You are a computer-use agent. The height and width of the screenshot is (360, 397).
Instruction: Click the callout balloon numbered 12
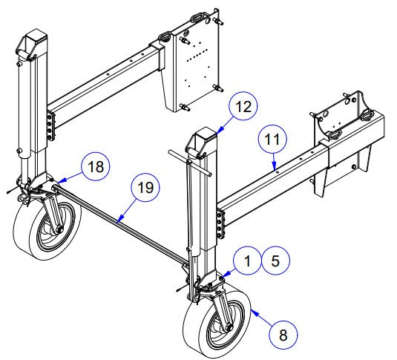243,107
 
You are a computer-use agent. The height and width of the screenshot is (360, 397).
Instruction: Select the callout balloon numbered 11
273,138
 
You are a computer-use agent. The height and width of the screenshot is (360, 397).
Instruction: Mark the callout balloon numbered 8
283,334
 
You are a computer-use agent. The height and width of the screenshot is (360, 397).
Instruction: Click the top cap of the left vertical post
36,45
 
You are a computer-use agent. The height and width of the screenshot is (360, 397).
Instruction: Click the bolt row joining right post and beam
220,223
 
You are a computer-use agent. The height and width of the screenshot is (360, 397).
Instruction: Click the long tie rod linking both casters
119,221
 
